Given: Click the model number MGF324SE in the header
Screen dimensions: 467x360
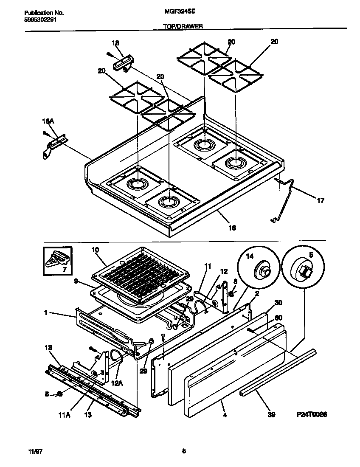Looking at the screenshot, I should click(x=177, y=13).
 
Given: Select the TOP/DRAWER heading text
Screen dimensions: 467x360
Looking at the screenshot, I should click(x=183, y=26).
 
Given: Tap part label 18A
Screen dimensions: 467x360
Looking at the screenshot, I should click(x=49, y=121).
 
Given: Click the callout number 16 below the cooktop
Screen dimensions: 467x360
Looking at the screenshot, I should click(x=232, y=228).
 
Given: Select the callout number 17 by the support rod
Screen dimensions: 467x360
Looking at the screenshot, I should click(x=321, y=200).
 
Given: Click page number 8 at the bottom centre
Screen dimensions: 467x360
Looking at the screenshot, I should click(x=184, y=451).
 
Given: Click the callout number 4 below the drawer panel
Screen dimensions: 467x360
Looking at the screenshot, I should click(x=225, y=414).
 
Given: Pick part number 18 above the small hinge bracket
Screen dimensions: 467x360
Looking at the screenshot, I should click(x=115, y=43).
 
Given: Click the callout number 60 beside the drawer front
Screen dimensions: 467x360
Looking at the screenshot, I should click(x=278, y=318).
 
